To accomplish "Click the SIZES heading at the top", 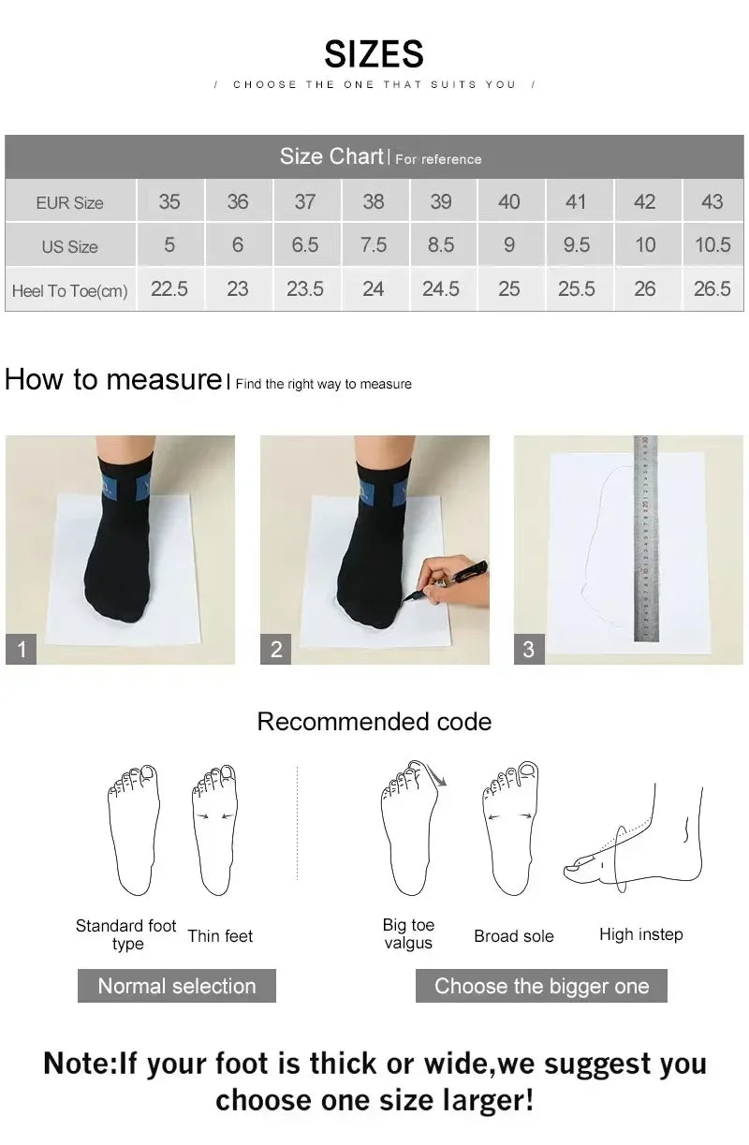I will pos(374,54).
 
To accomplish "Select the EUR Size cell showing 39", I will pos(441,201).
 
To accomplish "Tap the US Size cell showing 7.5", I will pos(373,245).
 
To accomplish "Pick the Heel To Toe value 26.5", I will pos(712,289).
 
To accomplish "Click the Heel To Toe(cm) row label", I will pos(70,291).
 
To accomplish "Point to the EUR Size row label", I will pos(70,203).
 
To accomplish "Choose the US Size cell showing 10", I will pos(645,245).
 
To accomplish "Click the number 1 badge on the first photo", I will pos(21,649).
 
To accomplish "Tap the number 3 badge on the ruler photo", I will pos(529,649).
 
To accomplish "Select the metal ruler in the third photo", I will pos(646,538).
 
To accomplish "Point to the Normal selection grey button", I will pos(176,986).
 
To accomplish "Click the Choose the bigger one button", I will pos(541,986).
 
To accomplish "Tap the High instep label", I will pos(640,934).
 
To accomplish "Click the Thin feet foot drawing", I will pos(214,829).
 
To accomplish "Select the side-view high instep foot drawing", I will pos(637,838).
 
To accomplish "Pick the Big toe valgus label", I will pos(408,933).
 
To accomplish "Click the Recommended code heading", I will pos(374,722).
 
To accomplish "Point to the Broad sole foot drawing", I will pos(510,829).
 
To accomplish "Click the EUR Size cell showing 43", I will pos(712,201).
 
